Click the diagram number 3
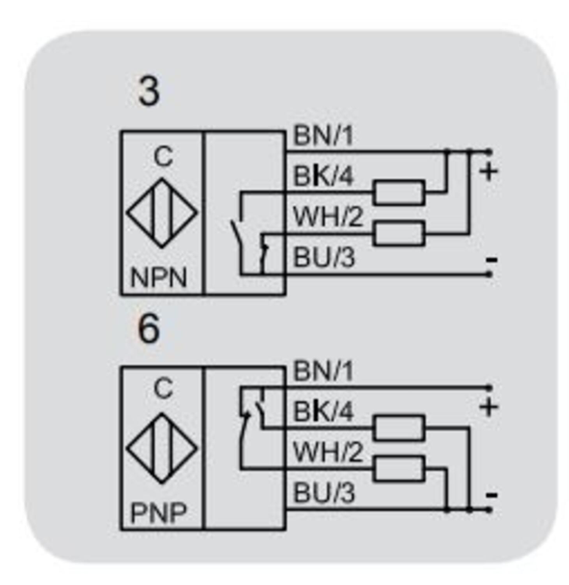coord(148,91)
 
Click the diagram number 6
coord(148,329)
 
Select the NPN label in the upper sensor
coord(159,278)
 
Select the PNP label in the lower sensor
coord(159,512)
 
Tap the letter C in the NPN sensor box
coord(163,157)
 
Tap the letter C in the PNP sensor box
coord(163,388)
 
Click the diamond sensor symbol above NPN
coord(162,213)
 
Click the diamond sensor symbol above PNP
coord(162,448)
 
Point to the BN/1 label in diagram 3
coord(323,136)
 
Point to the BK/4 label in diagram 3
coord(323,176)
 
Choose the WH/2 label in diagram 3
coord(328,216)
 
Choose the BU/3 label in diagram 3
coord(324,257)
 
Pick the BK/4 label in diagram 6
coord(323,411)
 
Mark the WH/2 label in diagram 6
coord(328,452)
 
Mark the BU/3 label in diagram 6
coord(324,493)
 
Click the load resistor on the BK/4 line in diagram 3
coord(398,192)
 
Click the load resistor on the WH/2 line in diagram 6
coord(398,468)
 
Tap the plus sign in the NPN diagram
coord(488,171)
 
